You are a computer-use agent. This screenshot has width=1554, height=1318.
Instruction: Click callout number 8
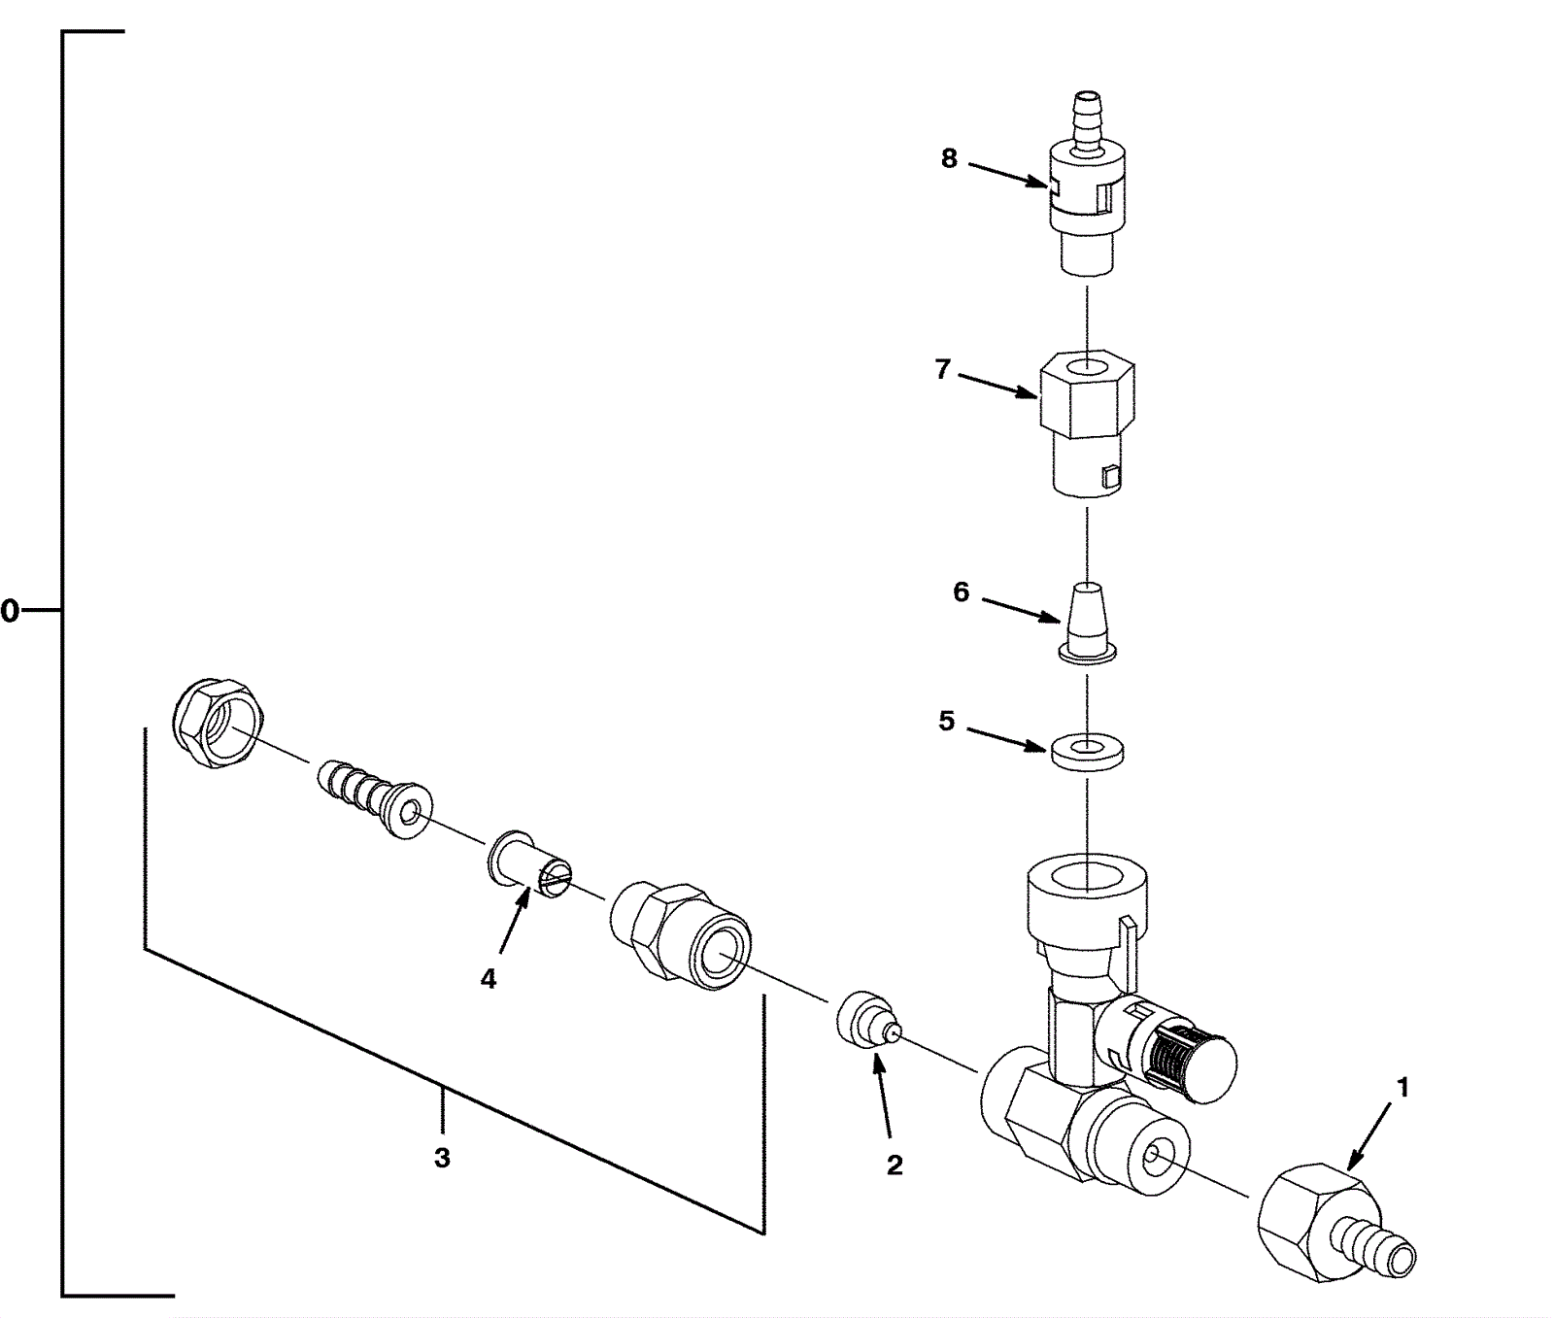pos(949,158)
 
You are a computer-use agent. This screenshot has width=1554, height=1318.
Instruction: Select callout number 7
pos(942,370)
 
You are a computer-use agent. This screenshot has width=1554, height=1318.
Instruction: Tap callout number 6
pos(961,591)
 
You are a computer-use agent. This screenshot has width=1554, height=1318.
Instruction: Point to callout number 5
pos(947,721)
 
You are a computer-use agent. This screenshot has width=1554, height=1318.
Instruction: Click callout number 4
pos(488,979)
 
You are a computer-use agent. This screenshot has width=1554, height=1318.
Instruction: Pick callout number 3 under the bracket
pos(442,1158)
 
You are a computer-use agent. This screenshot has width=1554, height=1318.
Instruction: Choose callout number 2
pos(894,1165)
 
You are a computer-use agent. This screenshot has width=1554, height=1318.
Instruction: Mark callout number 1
pos(1402,1089)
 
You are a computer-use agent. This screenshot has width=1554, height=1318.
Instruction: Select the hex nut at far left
pos(218,724)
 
